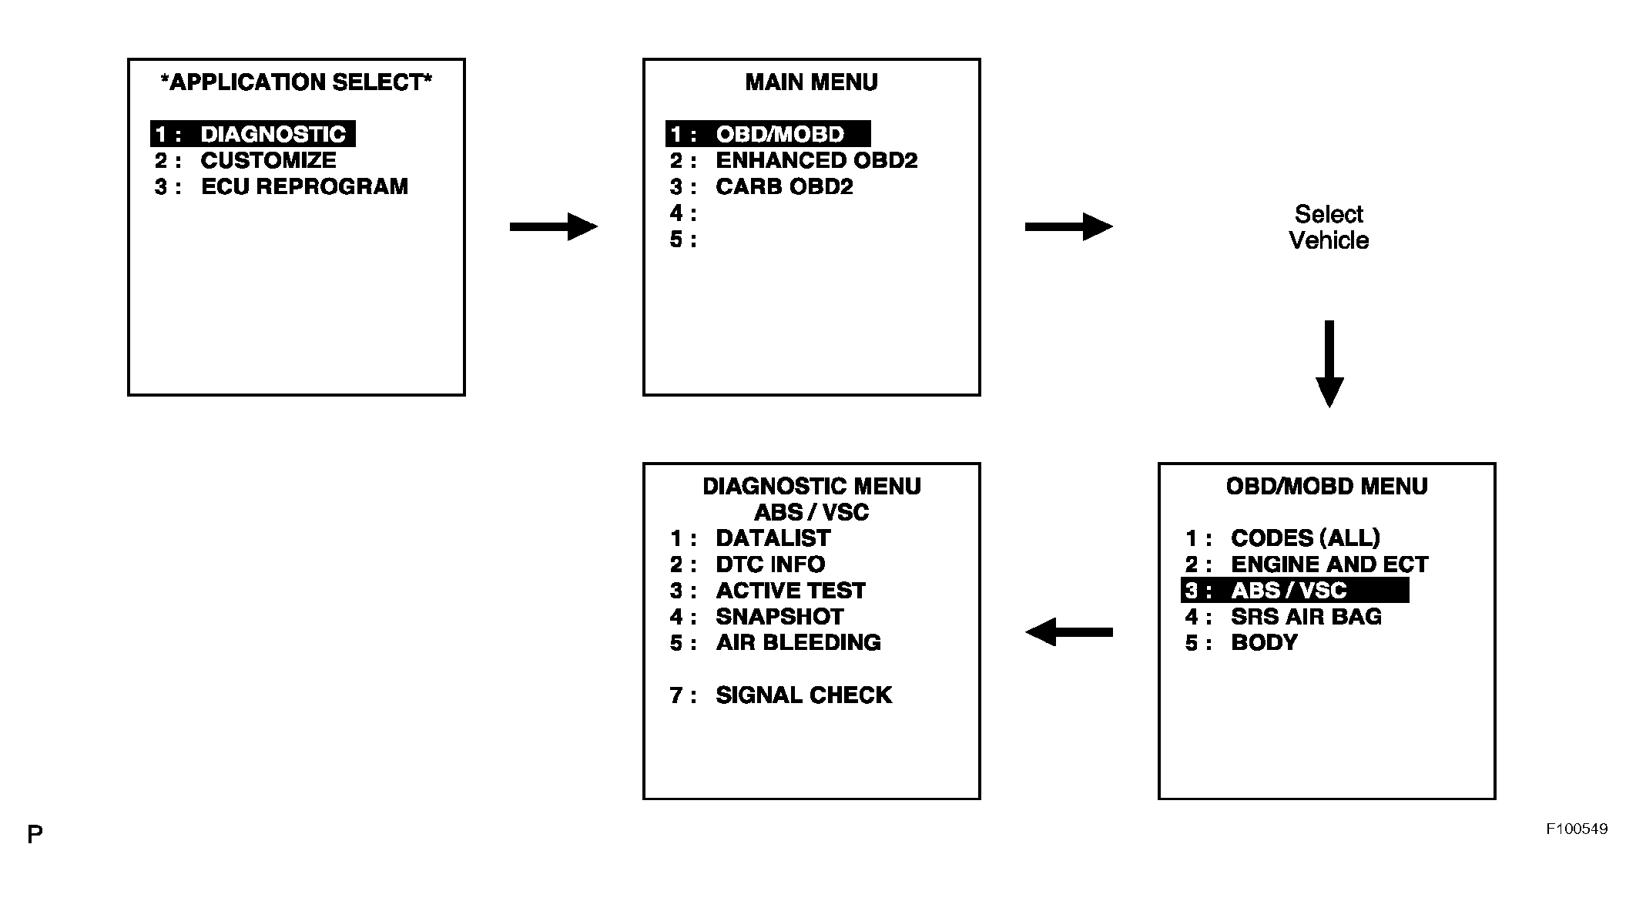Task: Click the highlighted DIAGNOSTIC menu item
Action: click(x=253, y=134)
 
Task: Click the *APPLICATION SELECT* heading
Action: click(x=297, y=82)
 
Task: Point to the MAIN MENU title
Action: click(x=811, y=82)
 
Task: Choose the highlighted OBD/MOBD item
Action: click(x=768, y=134)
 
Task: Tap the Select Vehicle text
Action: click(x=1329, y=227)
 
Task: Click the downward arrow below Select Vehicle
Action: click(x=1329, y=363)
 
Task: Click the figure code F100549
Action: click(x=1577, y=829)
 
